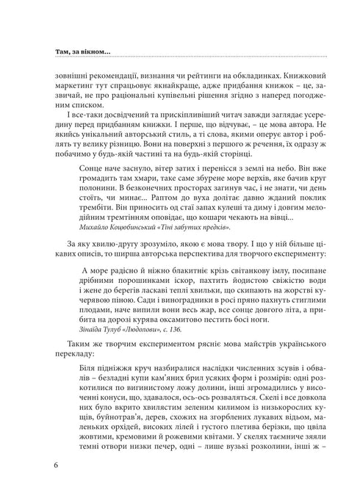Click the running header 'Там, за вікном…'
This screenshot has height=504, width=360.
point(82,51)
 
